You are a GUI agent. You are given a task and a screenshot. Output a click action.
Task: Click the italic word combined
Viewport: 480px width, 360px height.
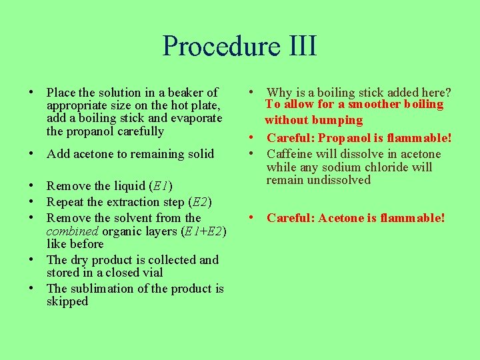71,231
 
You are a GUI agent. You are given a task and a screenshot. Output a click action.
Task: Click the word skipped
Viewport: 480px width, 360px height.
67,301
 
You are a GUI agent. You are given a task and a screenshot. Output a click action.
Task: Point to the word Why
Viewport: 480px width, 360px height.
279,93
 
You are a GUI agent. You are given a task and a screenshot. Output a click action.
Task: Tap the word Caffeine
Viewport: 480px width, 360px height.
290,154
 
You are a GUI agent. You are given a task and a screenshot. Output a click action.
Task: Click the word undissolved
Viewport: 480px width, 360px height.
339,180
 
